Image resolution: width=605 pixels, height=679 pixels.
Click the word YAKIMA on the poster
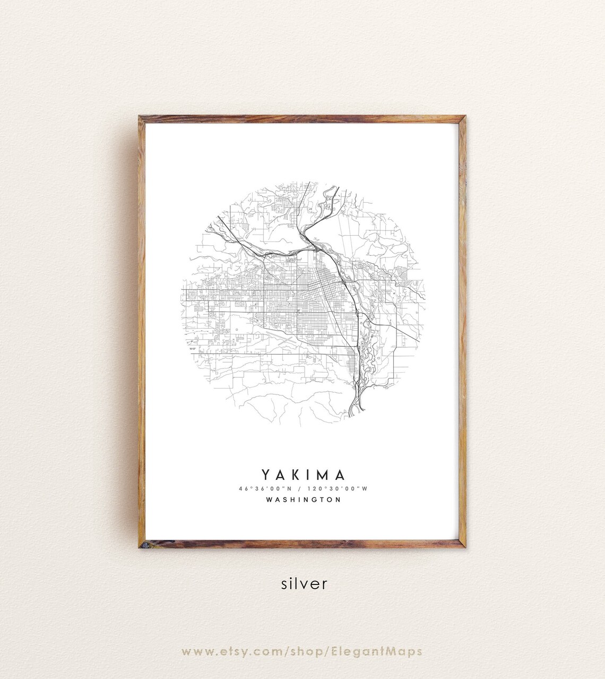tap(303, 475)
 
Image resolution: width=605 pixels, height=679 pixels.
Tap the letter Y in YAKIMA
tap(265, 475)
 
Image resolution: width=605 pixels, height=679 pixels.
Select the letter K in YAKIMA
tap(296, 475)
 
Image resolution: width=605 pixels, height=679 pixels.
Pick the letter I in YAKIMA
tap(309, 475)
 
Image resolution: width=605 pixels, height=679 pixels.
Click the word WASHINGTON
tap(303, 500)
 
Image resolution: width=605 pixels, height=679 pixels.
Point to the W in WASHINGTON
tap(269, 500)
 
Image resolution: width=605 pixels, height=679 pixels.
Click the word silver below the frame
tap(304, 583)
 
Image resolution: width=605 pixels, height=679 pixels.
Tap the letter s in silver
tap(284, 584)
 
